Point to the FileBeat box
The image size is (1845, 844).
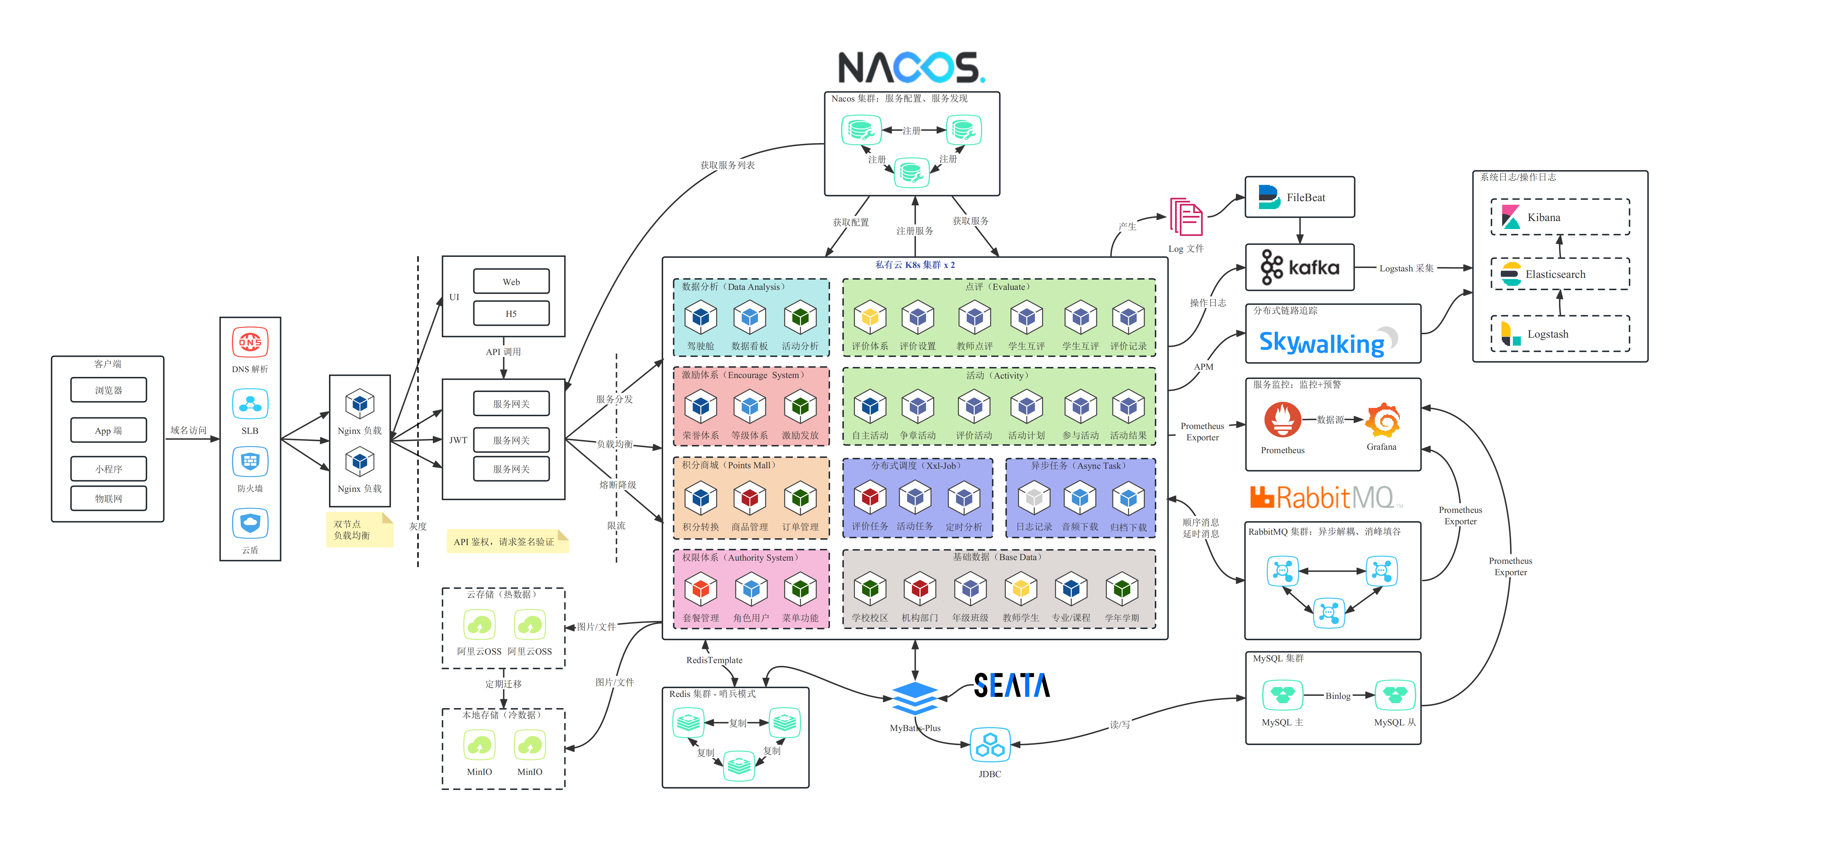pyautogui.click(x=1299, y=197)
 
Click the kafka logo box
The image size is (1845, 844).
pyautogui.click(x=1299, y=267)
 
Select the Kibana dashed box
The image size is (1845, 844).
pyautogui.click(x=1560, y=217)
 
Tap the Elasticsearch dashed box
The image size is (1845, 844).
pyautogui.click(x=1560, y=274)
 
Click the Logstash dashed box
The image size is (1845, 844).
pyautogui.click(x=1560, y=334)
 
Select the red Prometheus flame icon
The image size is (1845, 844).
pyautogui.click(x=1282, y=420)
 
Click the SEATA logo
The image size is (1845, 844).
pyautogui.click(x=1011, y=685)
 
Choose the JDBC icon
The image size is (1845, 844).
pyautogui.click(x=990, y=746)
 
